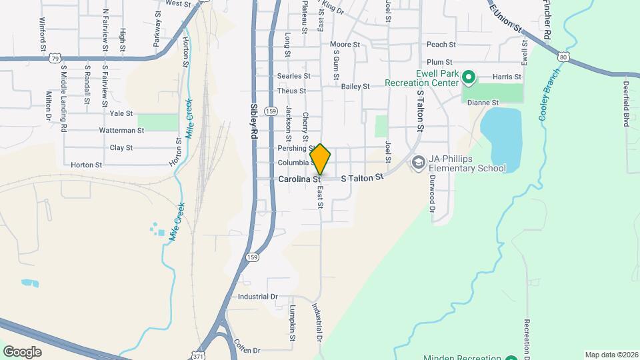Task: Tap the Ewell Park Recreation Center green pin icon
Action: point(468,79)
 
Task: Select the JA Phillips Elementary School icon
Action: point(418,163)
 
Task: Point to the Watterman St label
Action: point(121,131)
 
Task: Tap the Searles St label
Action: point(291,76)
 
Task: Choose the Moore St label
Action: point(345,45)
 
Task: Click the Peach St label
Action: point(441,45)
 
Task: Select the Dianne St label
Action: point(483,103)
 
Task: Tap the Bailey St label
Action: point(355,87)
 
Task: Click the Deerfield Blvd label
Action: point(627,104)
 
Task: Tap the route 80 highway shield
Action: point(564,58)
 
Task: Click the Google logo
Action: point(22,351)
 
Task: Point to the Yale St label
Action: point(121,114)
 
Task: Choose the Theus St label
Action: point(291,91)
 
